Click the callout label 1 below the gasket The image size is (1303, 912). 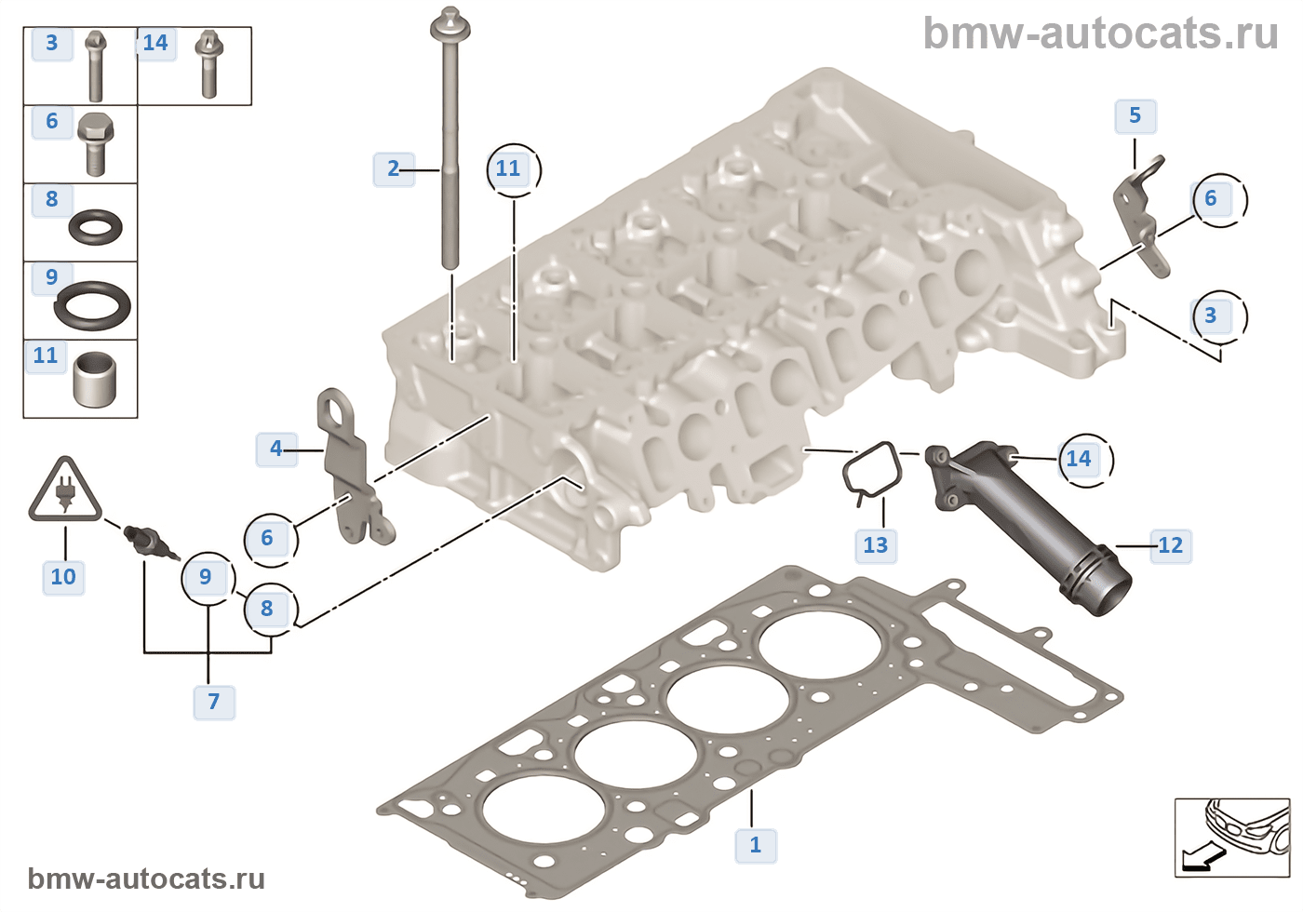tap(756, 845)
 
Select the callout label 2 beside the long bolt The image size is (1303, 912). tap(393, 168)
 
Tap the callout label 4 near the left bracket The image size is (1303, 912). tap(275, 449)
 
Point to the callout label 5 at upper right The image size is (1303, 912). tap(1135, 116)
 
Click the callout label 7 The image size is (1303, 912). tap(214, 702)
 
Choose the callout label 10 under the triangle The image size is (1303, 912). tap(63, 577)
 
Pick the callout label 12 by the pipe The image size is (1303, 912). tap(1170, 545)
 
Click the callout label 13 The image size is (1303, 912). tap(875, 545)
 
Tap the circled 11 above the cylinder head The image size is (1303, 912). tap(508, 168)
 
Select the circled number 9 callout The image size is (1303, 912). tap(206, 577)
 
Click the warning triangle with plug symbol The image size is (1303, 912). tap(64, 491)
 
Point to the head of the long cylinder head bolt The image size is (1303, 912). tap(450, 22)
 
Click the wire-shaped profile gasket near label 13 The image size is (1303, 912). tap(872, 471)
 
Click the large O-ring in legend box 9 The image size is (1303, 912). tap(92, 305)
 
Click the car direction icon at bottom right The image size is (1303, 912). tap(1231, 838)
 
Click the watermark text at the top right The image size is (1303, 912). tap(1100, 34)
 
